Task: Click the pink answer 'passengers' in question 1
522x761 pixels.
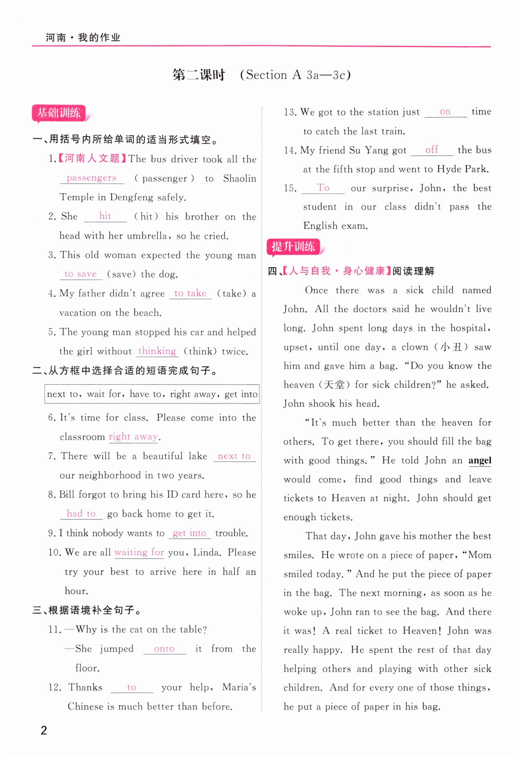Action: coord(91,178)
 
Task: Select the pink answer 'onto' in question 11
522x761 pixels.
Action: coord(164,649)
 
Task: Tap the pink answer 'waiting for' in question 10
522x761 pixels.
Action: coord(139,552)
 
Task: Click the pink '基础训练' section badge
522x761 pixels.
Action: coord(59,113)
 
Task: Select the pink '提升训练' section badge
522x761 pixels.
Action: coord(293,247)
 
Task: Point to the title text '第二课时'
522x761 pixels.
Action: coord(199,75)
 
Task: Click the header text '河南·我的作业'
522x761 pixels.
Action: coord(83,38)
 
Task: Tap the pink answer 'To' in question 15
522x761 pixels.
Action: coord(323,188)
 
